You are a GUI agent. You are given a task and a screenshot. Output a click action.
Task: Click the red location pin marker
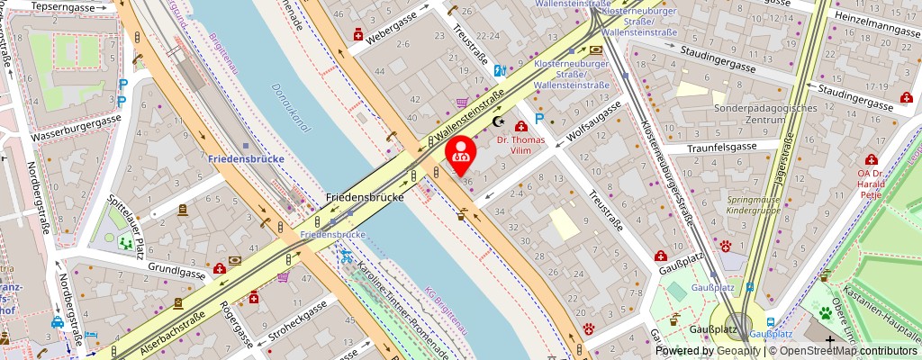[461, 153]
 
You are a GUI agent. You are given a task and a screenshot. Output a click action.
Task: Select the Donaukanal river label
[290, 109]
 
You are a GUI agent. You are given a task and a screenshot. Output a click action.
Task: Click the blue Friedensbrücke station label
[246, 159]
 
